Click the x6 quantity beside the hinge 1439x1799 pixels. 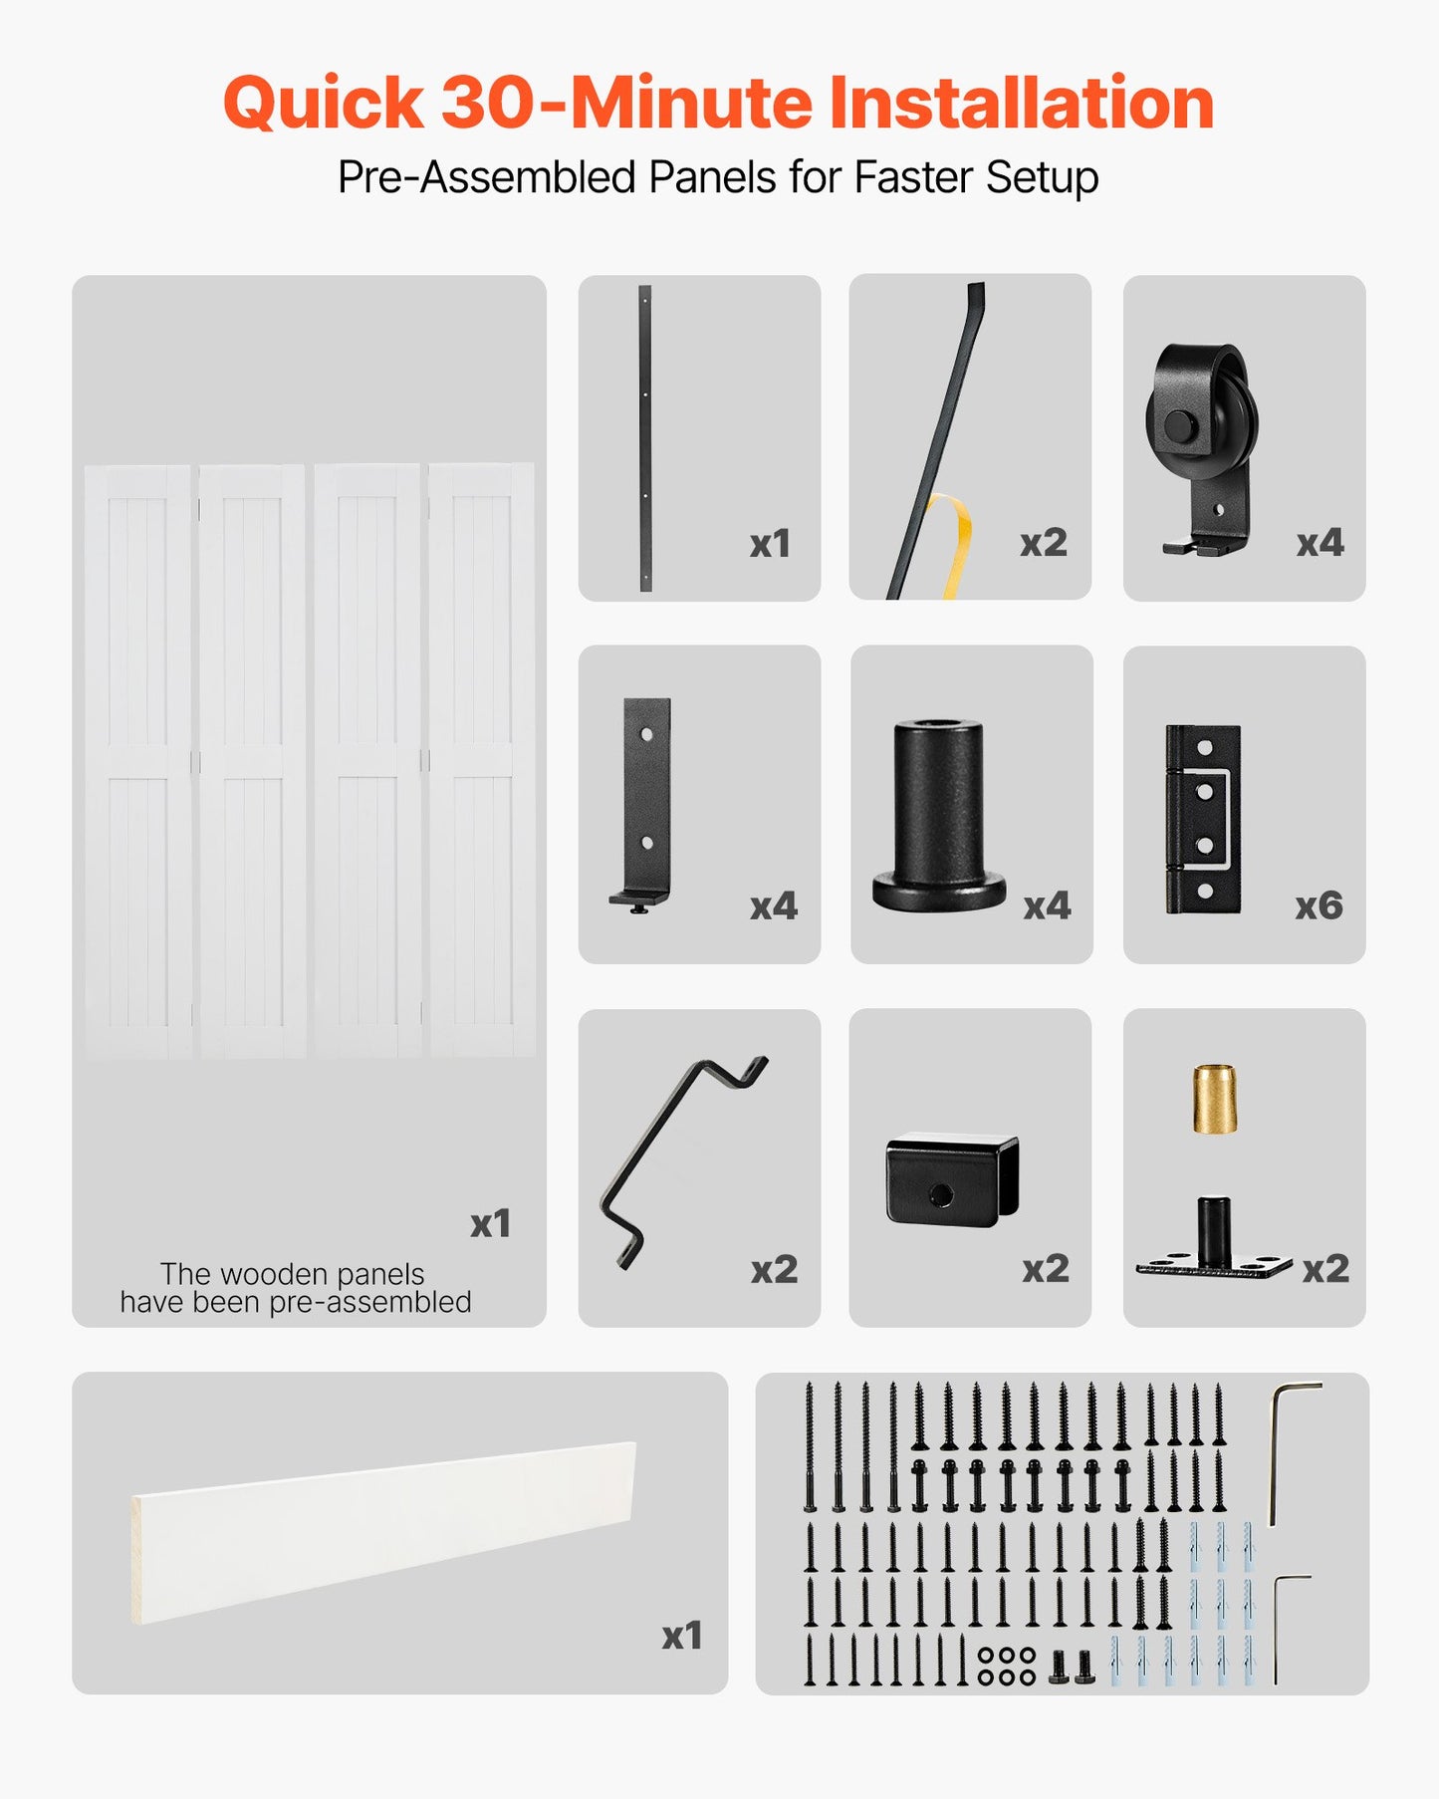click(x=1319, y=905)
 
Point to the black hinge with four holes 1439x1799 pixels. click(x=1203, y=819)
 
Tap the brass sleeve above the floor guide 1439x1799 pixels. click(x=1215, y=1099)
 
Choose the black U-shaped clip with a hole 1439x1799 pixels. click(x=952, y=1180)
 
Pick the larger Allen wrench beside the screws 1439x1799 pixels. click(x=1287, y=1449)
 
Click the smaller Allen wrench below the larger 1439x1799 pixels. click(x=1285, y=1624)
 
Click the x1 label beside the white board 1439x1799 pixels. click(x=682, y=1636)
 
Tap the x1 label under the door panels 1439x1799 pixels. click(x=490, y=1223)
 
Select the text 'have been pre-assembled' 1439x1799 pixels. click(x=296, y=1302)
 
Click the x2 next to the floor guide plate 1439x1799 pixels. click(x=1325, y=1268)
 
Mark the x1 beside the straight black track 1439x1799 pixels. click(x=770, y=543)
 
